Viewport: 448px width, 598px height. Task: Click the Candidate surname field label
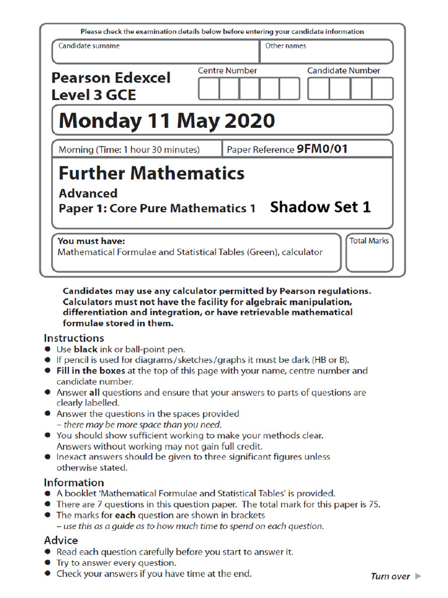(89, 46)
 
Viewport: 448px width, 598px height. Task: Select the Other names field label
(285, 46)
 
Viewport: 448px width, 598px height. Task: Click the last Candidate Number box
(382, 89)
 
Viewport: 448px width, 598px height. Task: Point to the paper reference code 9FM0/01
(322, 149)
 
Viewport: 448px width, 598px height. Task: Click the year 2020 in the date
(249, 121)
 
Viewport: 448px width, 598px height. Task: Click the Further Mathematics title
(152, 173)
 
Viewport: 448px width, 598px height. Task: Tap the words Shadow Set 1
(320, 207)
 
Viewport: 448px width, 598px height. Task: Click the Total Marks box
(369, 253)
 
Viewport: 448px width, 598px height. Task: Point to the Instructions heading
(74, 338)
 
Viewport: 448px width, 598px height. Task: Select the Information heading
(74, 482)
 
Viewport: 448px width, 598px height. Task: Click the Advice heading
(61, 540)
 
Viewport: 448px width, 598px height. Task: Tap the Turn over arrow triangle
(418, 576)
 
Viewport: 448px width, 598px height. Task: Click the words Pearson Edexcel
(111, 78)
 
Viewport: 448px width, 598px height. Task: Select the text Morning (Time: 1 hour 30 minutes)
(129, 150)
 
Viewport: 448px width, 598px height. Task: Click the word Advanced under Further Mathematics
(88, 193)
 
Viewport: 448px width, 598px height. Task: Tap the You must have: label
(91, 241)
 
